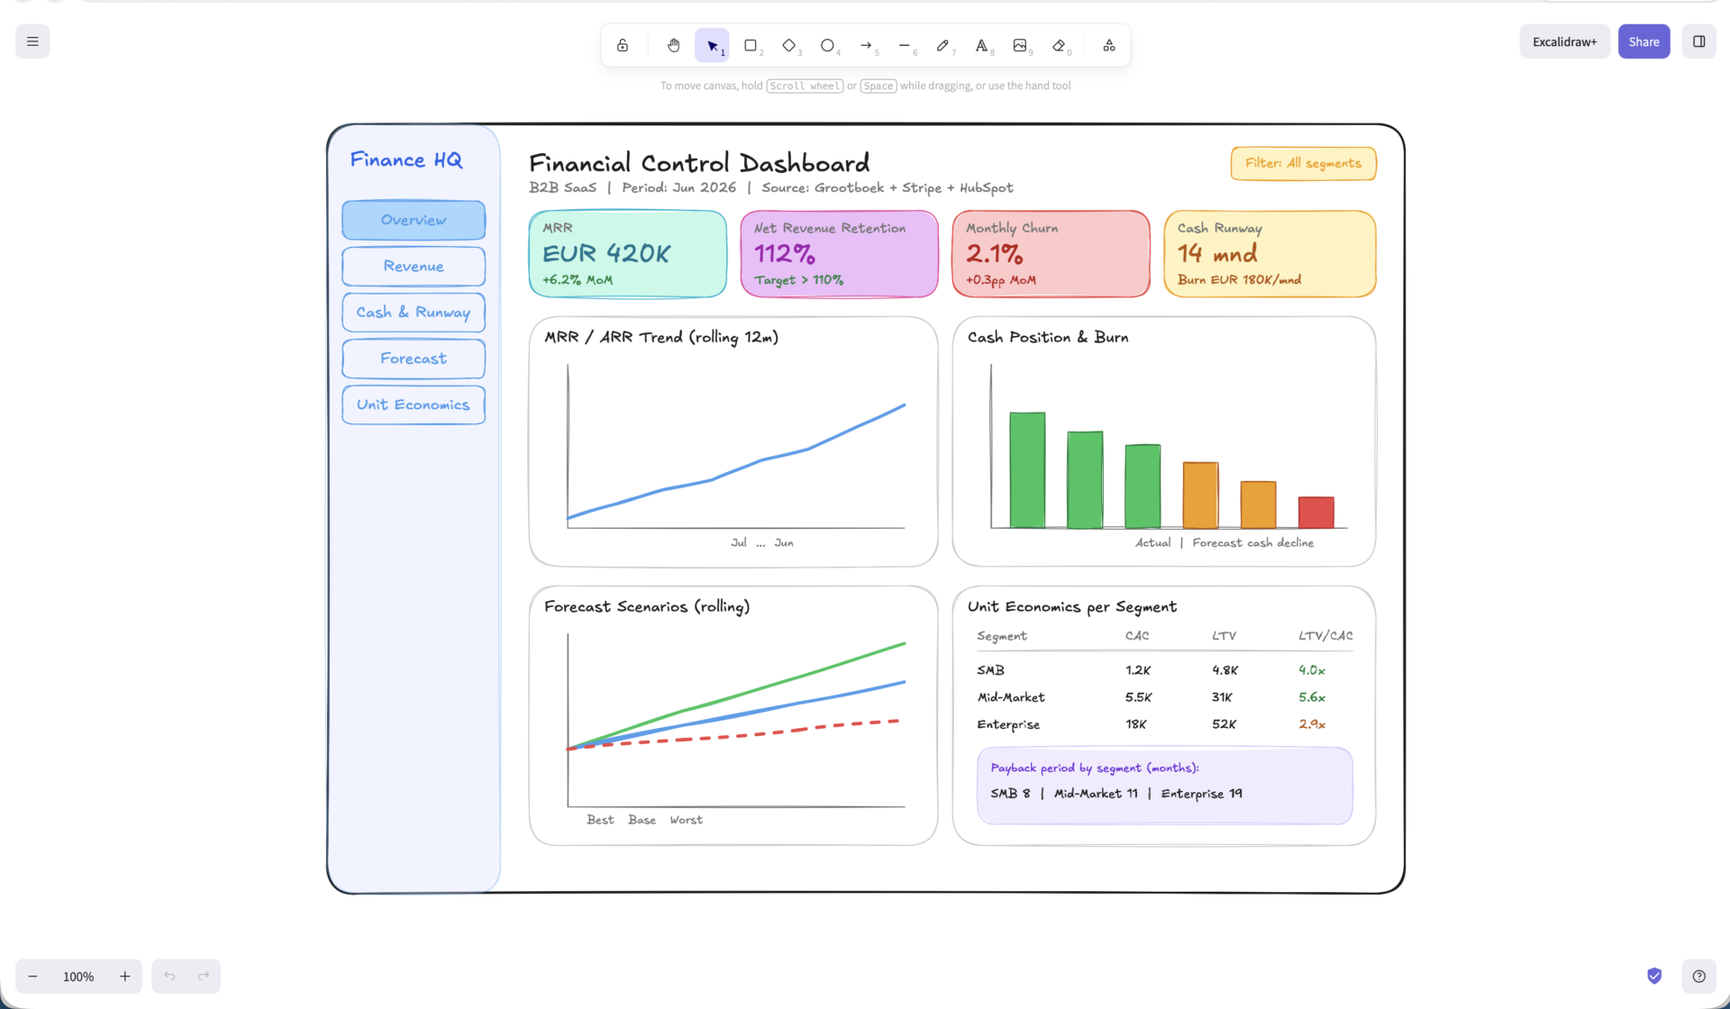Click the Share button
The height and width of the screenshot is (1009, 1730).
pos(1643,41)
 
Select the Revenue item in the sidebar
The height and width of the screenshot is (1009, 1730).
pos(414,267)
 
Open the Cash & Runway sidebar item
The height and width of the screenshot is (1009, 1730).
pos(414,313)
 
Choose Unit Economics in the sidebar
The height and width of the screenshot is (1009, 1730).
pos(414,405)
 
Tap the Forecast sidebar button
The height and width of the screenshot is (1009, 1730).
pos(414,359)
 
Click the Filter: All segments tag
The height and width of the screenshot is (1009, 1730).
pos(1303,163)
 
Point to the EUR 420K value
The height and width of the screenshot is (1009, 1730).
pos(606,254)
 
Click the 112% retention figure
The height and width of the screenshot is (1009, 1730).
pos(785,254)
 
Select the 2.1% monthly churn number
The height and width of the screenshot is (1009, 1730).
pos(995,254)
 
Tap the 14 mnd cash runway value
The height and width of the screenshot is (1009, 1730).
pos(1217,254)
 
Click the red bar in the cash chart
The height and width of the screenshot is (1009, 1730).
pos(1316,512)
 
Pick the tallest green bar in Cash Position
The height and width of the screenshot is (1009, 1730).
pos(1027,469)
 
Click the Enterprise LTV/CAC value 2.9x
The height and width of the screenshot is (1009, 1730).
pos(1312,724)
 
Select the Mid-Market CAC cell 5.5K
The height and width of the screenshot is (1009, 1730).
pos(1138,697)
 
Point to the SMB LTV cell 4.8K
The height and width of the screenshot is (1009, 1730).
pos(1225,670)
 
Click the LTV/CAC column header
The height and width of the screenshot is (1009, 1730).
pos(1325,636)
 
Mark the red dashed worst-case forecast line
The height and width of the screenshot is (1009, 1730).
pos(733,735)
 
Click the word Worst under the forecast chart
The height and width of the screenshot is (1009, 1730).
pos(686,820)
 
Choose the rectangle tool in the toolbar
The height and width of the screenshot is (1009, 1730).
pos(751,45)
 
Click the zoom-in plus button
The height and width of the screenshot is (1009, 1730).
pos(125,976)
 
